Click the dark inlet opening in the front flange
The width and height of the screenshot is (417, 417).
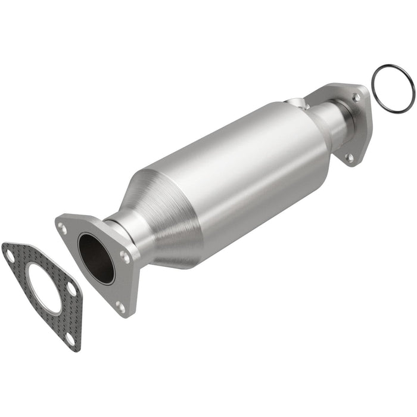(x=96, y=258)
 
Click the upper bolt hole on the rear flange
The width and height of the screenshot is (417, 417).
(x=356, y=97)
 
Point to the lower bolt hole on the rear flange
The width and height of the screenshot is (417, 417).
(x=350, y=157)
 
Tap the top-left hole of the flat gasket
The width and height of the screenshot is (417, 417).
(x=10, y=257)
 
